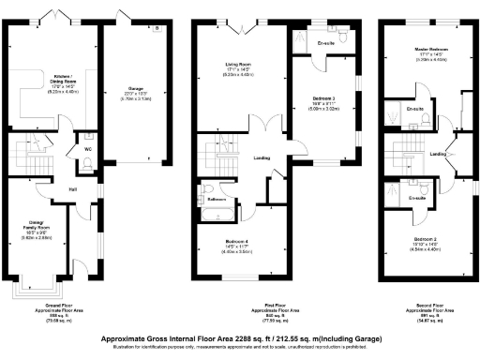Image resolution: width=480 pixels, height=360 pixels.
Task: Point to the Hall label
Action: coord(71,189)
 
